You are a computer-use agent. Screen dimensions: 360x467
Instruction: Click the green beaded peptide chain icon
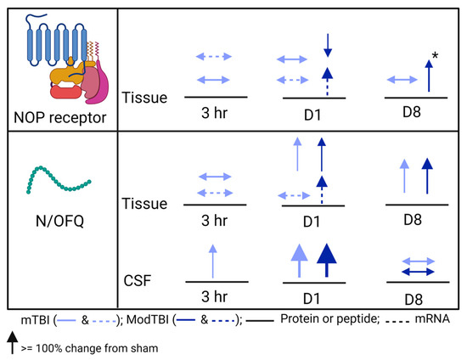[59, 172]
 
